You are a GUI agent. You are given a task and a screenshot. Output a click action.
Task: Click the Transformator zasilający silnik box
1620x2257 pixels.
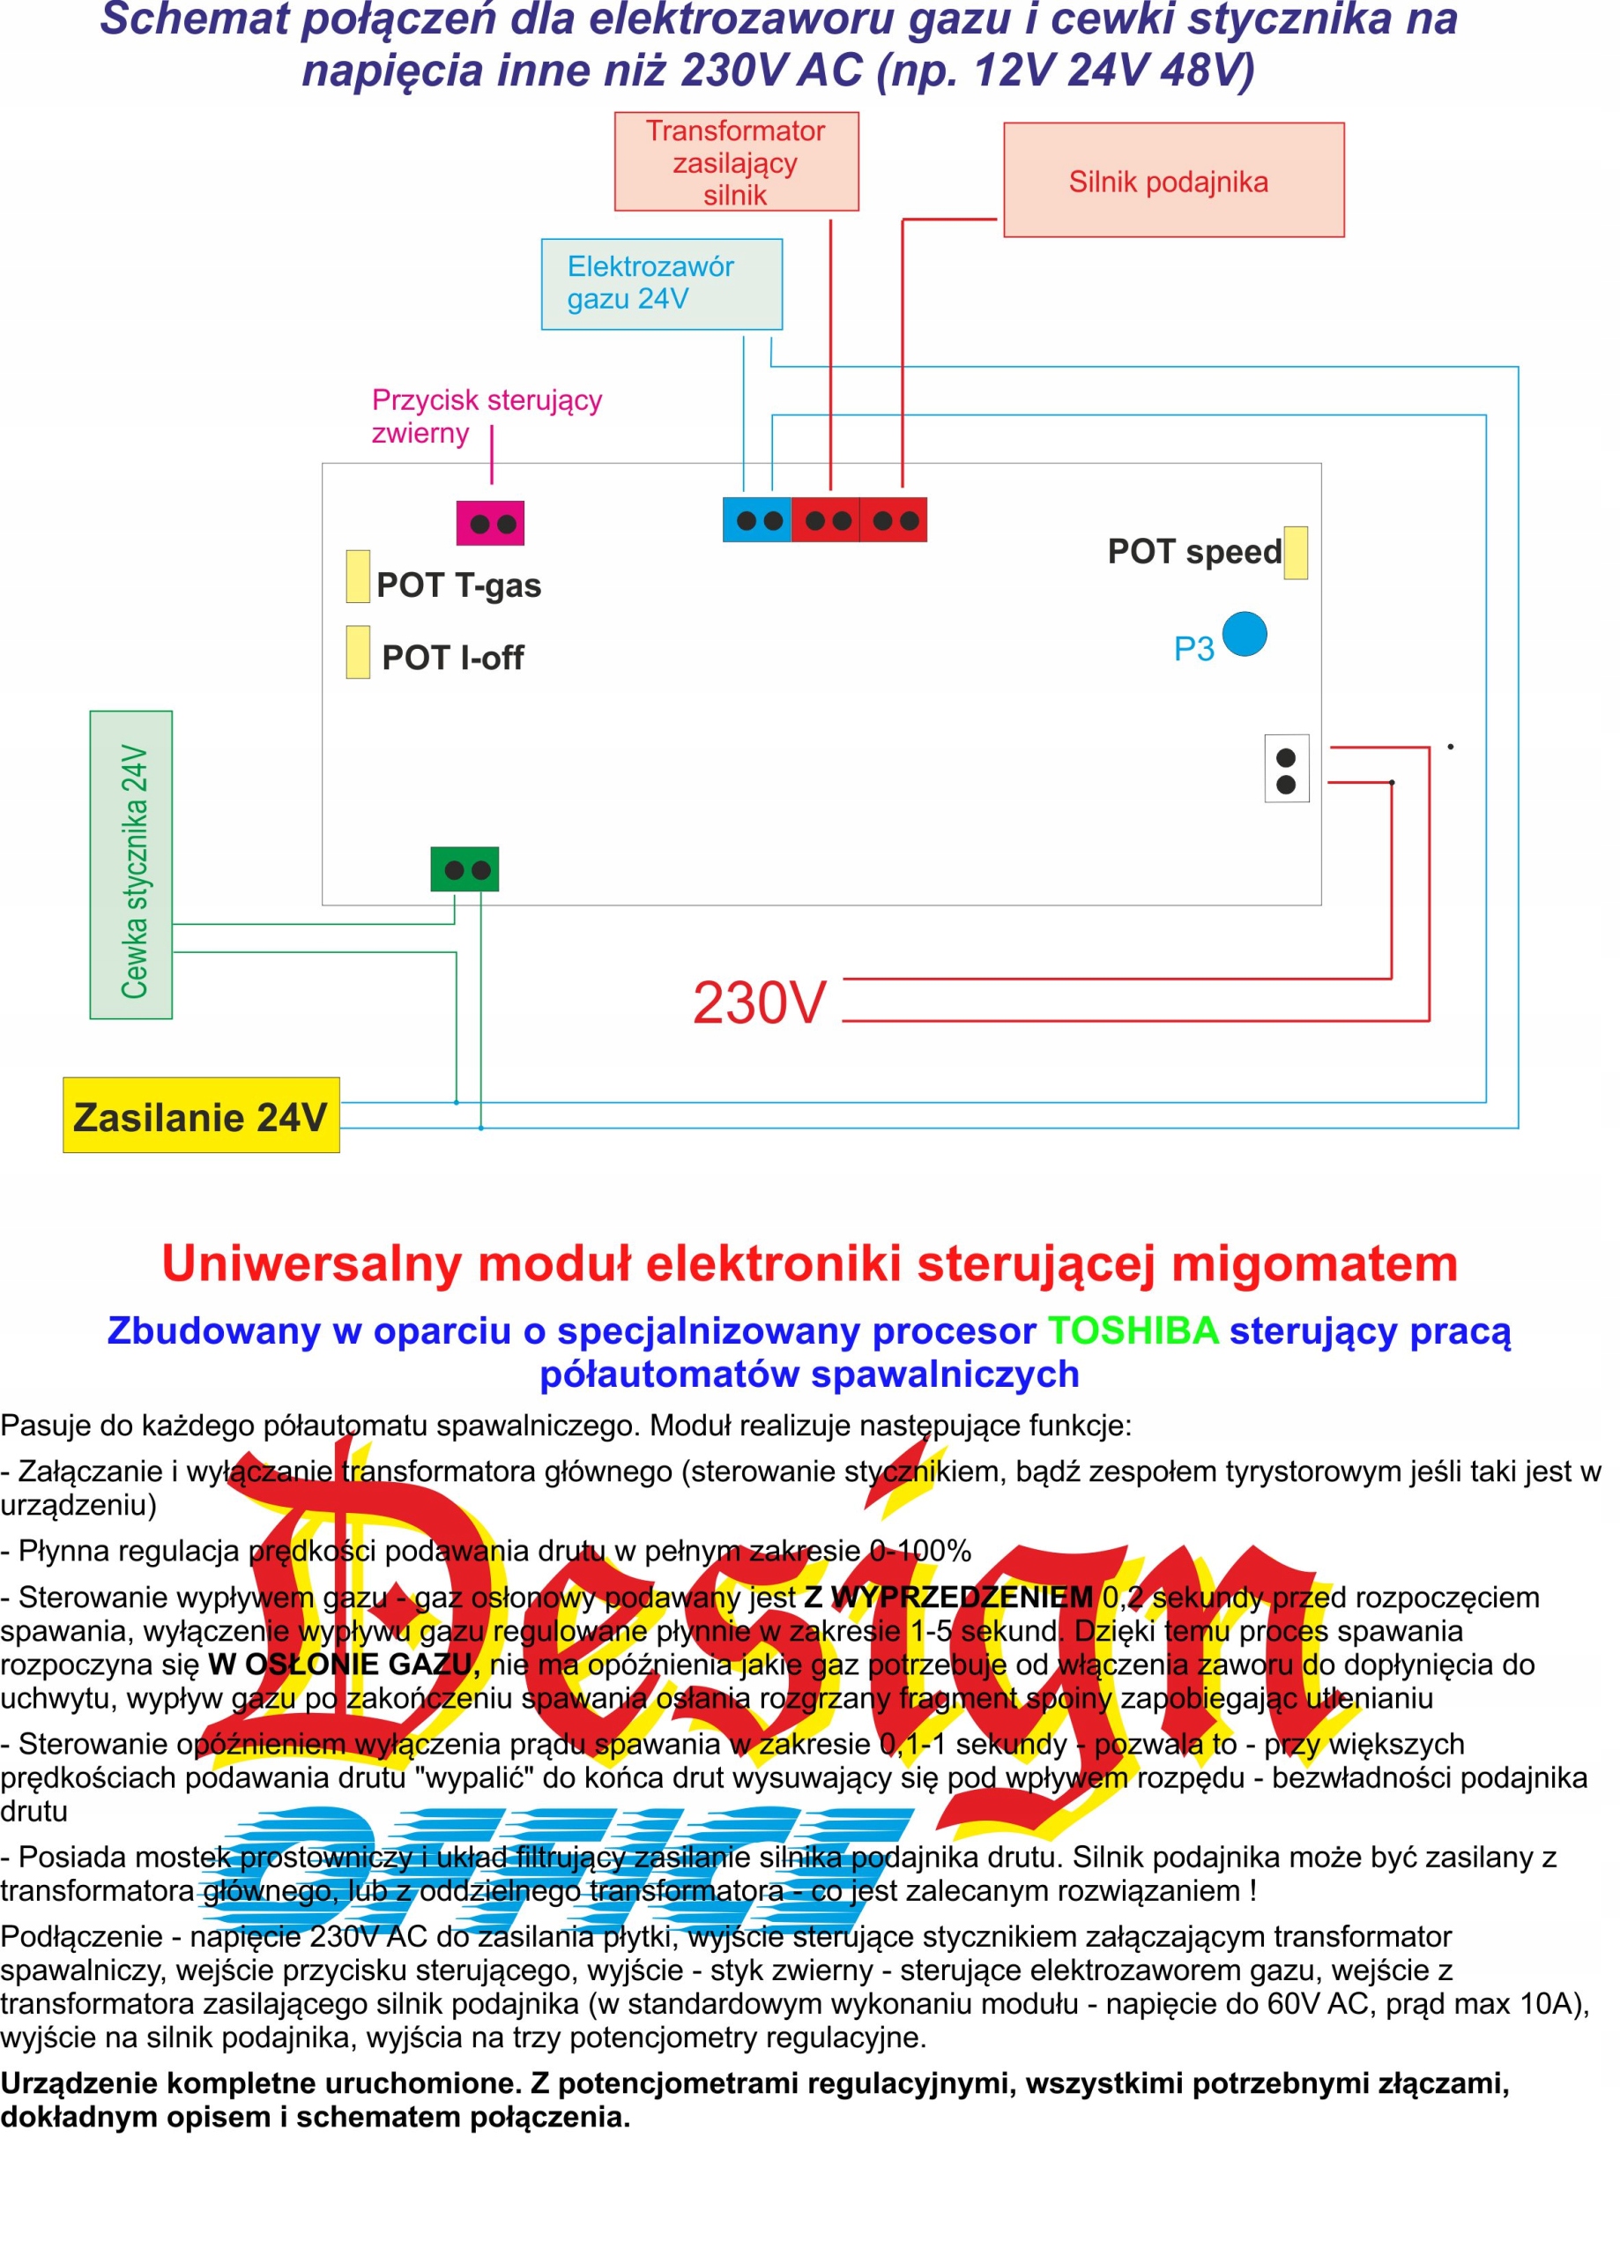click(735, 161)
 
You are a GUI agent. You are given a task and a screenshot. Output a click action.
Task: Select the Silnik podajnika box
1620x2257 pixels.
click(1173, 180)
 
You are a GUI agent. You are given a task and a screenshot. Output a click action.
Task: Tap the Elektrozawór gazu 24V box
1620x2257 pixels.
click(662, 284)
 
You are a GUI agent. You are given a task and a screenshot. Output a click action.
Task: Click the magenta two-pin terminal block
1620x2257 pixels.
click(491, 524)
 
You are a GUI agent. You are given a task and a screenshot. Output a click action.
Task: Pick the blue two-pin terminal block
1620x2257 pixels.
click(757, 520)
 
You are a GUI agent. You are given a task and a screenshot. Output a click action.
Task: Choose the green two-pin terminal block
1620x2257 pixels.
click(464, 870)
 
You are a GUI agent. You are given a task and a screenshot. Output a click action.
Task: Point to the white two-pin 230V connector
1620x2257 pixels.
click(1286, 768)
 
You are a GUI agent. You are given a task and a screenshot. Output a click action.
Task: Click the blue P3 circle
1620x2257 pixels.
click(1244, 634)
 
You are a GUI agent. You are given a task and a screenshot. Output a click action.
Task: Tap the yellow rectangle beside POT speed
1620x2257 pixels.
click(1296, 552)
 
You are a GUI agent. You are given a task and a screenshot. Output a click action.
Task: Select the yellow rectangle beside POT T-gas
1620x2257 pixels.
click(358, 577)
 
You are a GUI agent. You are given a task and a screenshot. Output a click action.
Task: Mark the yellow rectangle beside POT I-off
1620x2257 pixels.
click(358, 652)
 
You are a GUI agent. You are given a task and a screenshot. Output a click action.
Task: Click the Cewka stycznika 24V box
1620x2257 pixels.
click(131, 865)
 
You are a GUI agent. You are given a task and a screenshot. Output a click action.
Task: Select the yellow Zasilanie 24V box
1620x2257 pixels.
click(201, 1115)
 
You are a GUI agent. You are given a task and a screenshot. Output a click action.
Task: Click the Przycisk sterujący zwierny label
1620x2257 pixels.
click(486, 416)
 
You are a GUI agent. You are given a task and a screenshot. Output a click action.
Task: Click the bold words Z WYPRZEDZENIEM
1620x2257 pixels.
click(948, 1598)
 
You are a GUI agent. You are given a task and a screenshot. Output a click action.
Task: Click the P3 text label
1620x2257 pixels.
click(1193, 649)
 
